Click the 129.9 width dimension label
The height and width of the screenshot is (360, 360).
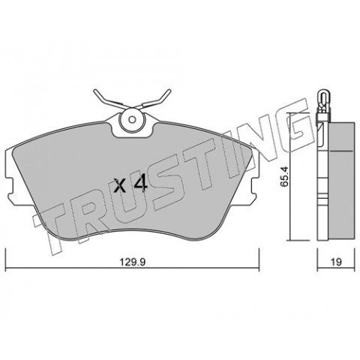click(133, 262)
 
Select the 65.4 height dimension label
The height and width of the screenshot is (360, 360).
click(284, 176)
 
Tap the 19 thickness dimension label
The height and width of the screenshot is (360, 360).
click(336, 262)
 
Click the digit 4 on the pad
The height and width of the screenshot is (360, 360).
click(140, 184)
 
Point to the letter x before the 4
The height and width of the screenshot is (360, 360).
click(120, 186)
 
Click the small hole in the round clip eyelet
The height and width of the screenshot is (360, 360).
click(132, 119)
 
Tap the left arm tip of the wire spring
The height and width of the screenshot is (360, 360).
click(94, 91)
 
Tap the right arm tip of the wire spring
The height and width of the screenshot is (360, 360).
click(169, 91)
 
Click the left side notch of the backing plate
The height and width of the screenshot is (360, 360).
click(9, 185)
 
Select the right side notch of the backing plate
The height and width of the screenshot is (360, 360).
click(256, 185)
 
